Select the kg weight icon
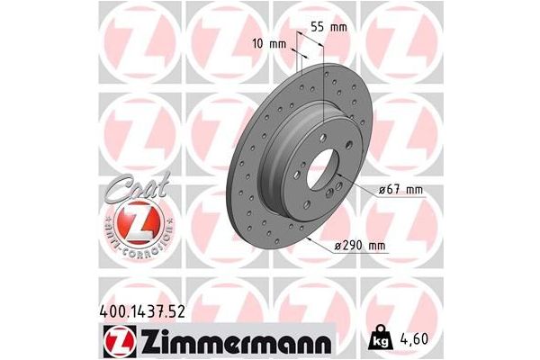click(376, 339)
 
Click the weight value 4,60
click(409, 340)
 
